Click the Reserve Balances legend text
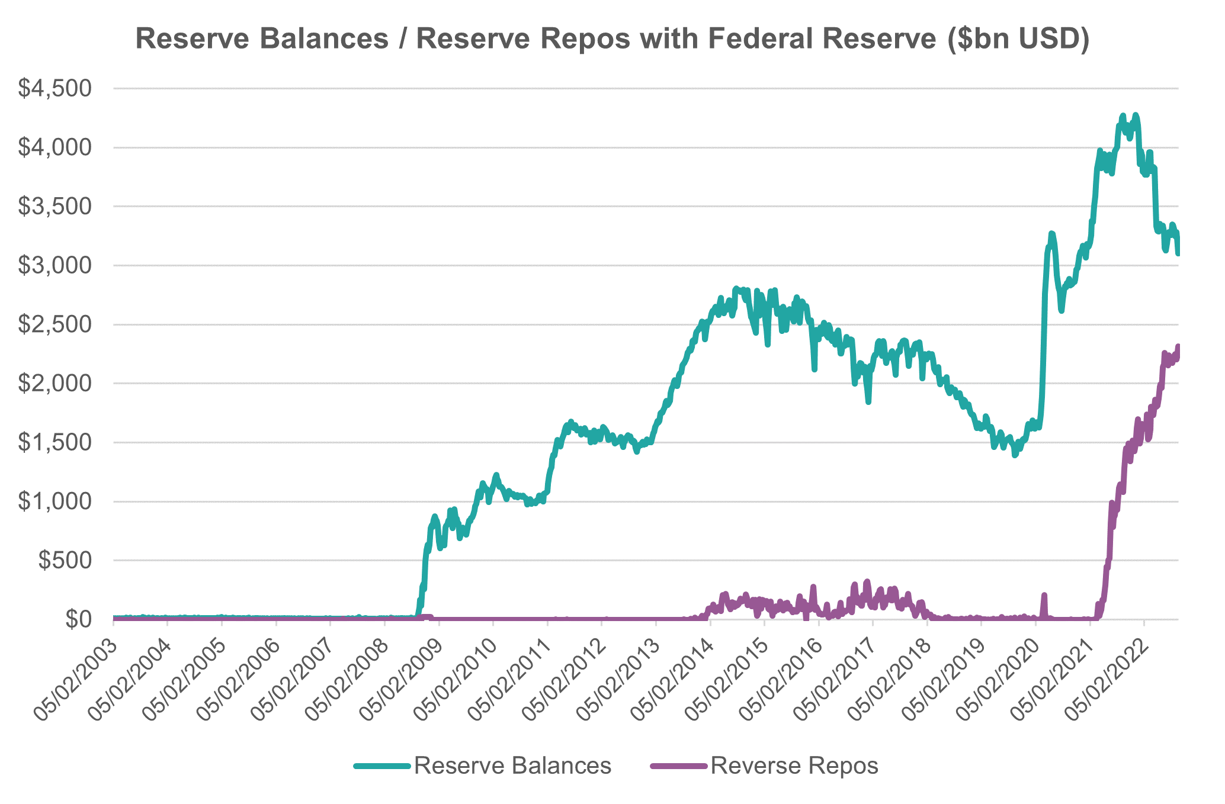512,766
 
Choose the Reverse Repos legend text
794,766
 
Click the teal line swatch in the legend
381,766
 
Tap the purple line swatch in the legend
678,766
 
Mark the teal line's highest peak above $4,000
1135,115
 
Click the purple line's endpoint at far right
1178,346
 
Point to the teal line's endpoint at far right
1178,253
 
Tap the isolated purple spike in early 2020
1044,595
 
